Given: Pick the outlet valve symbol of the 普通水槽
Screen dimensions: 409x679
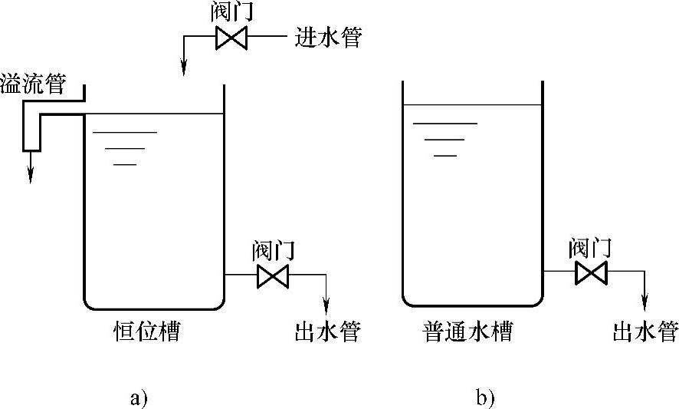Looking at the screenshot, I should click(591, 272).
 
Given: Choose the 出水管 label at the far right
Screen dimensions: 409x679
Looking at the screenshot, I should click(645, 332).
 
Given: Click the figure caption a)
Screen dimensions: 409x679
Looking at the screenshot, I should click(139, 397).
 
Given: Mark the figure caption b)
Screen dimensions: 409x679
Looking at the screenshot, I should click(485, 397).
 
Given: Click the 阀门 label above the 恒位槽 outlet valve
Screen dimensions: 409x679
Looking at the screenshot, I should click(272, 250).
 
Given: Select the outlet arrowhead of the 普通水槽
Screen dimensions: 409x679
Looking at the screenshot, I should click(645, 302).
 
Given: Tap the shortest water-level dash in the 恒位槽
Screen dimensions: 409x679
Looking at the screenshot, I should click(125, 164).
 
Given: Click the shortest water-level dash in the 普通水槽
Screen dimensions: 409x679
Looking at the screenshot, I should click(445, 156).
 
